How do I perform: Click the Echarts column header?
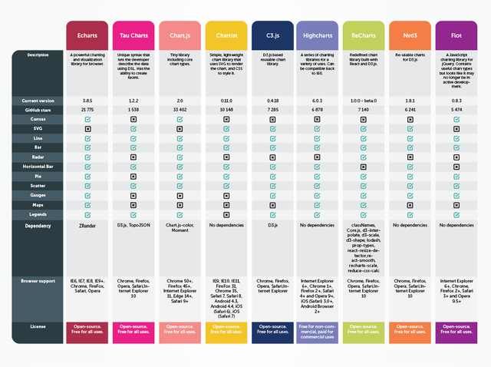coord(87,35)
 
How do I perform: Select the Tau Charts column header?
coord(134,35)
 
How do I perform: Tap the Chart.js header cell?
coord(180,35)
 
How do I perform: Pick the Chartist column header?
coord(226,35)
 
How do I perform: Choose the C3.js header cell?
coord(272,35)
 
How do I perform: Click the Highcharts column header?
coord(318,35)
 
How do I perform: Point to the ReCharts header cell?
coord(364,35)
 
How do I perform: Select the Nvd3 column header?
coord(410,35)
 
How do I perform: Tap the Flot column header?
coord(456,35)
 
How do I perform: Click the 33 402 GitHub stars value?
coord(180,110)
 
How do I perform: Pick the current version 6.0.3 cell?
coord(318,101)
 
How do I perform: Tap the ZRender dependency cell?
coord(87,226)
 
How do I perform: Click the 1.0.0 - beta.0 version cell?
coord(364,101)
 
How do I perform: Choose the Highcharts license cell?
coord(318,331)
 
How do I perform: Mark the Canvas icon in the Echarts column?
coord(87,120)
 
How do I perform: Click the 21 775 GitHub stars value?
coord(87,110)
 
